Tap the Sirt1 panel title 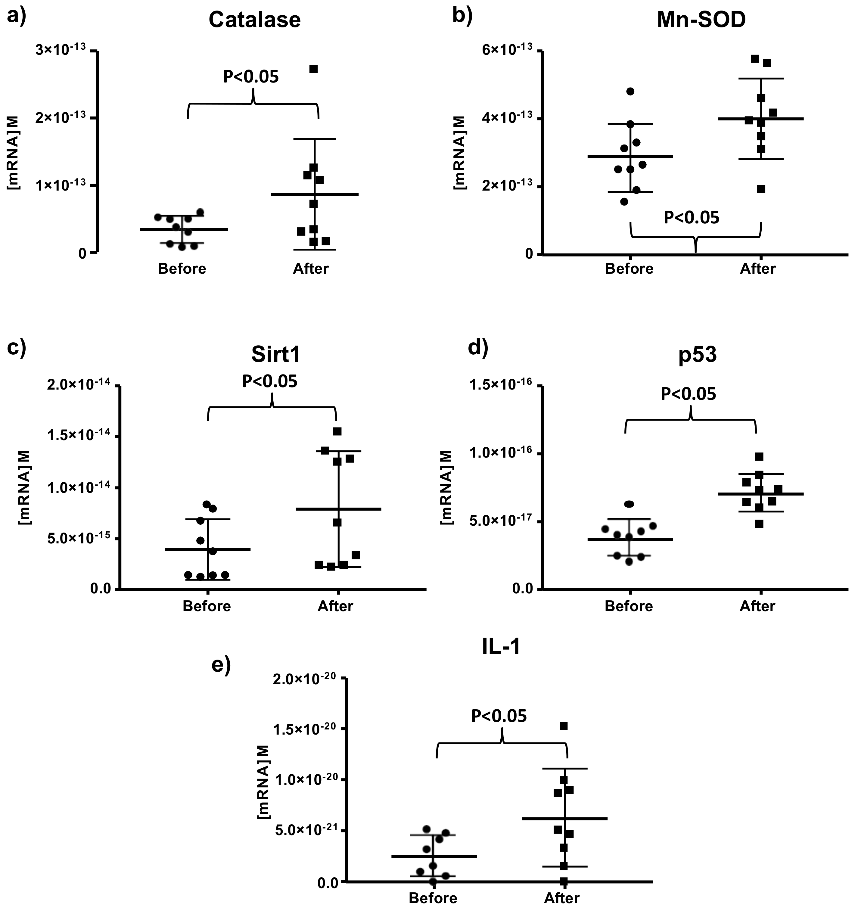pos(275,355)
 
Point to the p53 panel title pos(698,355)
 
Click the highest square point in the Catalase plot pos(313,69)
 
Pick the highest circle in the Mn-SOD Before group pos(630,91)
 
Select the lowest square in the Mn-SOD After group pos(761,189)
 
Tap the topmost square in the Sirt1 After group pos(337,431)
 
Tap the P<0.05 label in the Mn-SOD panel pos(692,217)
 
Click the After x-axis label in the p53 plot pos(757,606)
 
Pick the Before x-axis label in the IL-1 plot pos(433,898)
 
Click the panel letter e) pos(221,664)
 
